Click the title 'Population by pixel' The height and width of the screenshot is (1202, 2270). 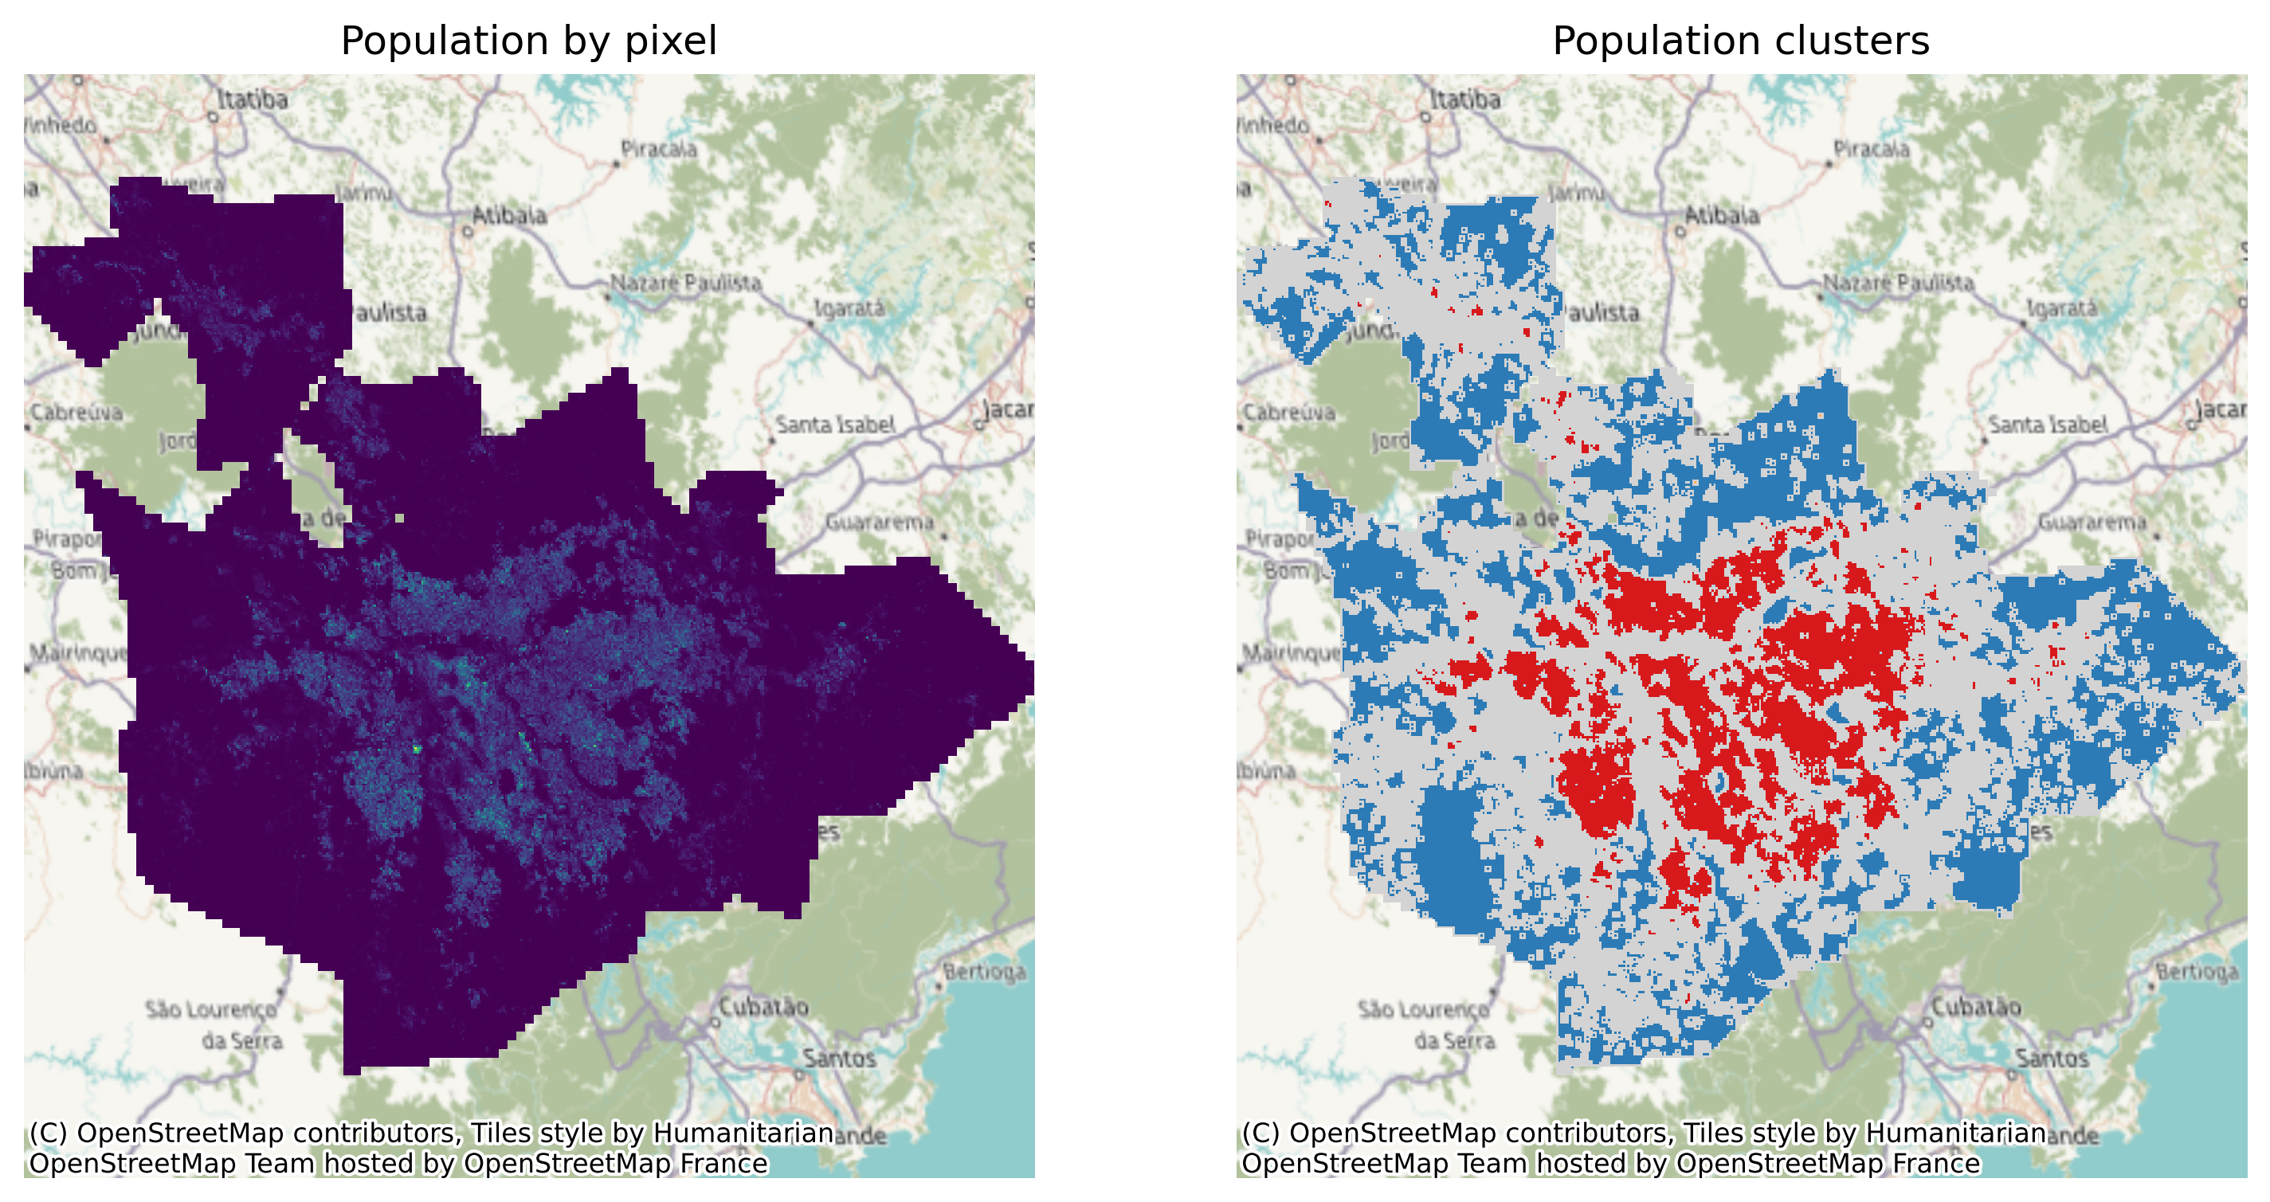pos(529,41)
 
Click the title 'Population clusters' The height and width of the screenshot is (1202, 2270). pos(1740,41)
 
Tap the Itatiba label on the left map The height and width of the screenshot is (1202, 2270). pos(252,100)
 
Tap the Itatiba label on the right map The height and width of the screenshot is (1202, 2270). pos(1464,100)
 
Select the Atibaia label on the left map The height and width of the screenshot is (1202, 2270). pos(508,215)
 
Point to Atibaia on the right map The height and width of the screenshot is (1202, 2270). pos(1721,215)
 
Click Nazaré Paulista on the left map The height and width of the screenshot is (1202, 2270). pos(685,283)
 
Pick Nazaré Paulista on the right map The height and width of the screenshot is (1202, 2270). pos(1898,283)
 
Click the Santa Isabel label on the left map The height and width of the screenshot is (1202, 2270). pos(834,425)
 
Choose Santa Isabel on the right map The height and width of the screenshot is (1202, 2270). pos(2047,425)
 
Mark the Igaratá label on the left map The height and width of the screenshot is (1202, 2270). pos(849,308)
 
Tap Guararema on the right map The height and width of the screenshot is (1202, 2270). pos(2092,523)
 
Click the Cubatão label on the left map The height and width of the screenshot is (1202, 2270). pos(763,1006)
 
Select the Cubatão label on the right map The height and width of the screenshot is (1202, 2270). pos(1976,1006)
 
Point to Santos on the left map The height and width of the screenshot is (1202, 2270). pos(839,1059)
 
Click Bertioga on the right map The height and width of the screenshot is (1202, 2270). pos(2197,972)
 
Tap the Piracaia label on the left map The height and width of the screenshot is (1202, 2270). pos(658,149)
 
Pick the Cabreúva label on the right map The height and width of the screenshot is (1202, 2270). pos(1288,413)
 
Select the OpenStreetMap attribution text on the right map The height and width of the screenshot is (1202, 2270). pos(1644,1149)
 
